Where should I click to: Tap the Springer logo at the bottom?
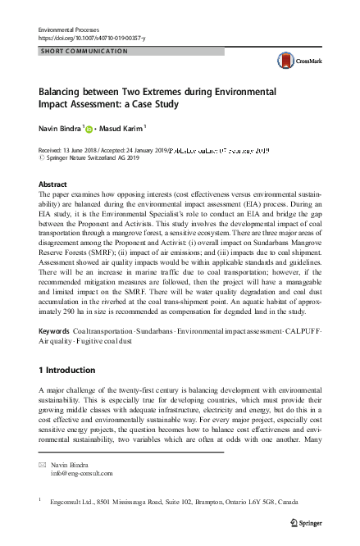tap(308, 521)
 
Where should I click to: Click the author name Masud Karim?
tap(123, 128)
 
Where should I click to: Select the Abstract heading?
tap(53, 185)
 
